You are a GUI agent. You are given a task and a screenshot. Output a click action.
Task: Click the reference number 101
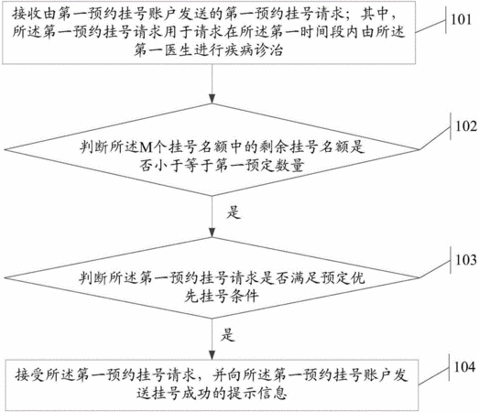coord(462,19)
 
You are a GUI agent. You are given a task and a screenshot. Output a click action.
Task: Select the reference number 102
coord(466,126)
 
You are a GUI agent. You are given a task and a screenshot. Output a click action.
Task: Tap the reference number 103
coord(466,260)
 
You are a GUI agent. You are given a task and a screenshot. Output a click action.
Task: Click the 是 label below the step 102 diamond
coord(234,211)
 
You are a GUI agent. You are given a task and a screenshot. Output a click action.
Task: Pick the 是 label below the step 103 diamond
coord(227,334)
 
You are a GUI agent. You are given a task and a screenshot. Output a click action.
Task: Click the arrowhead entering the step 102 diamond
coord(212,99)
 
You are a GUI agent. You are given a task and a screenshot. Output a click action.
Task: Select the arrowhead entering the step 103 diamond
coord(212,233)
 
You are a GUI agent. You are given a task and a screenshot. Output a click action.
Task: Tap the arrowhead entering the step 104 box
coord(212,355)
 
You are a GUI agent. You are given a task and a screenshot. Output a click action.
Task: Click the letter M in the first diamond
coord(147,147)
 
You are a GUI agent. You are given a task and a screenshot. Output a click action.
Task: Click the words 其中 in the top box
coord(375,14)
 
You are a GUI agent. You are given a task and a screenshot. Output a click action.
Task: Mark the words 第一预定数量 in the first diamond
coord(259,166)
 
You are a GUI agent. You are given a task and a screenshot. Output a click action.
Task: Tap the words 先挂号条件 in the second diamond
coord(222,296)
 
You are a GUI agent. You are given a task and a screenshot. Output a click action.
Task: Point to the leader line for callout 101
coord(430,26)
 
